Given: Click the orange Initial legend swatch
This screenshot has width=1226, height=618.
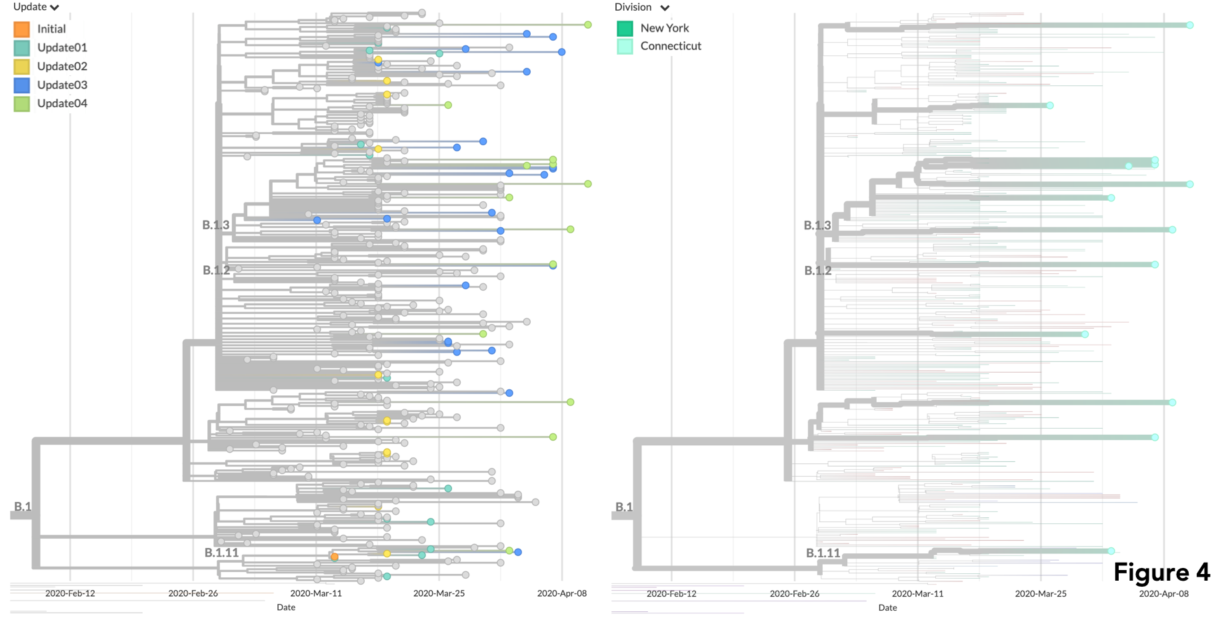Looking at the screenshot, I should point(22,29).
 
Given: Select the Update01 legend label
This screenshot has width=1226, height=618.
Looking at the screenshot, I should point(62,47).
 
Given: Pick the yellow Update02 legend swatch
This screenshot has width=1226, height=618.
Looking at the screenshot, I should point(22,67).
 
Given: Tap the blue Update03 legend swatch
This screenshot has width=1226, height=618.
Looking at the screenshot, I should point(22,85).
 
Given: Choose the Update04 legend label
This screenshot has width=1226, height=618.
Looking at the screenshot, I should point(62,103).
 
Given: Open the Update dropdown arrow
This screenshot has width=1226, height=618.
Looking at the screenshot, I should point(55,8).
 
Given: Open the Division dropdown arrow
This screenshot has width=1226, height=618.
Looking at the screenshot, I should point(665,8).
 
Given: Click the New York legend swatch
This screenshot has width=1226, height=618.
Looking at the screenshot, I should point(625,28).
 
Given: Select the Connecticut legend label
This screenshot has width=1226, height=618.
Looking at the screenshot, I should point(671,46).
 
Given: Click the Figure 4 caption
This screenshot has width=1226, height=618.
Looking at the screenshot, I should point(1161,573).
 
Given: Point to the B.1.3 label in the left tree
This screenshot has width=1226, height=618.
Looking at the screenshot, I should point(215,225).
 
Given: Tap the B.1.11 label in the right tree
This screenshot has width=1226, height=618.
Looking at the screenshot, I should point(823,553).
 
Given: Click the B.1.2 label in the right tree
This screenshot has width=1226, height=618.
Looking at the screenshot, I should point(817,271).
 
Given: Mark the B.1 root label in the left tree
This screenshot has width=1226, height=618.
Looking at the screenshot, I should point(23,507).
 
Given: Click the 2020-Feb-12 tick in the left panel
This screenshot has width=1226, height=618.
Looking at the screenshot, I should point(70,593).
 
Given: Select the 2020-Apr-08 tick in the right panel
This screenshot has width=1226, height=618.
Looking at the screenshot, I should point(1163,593).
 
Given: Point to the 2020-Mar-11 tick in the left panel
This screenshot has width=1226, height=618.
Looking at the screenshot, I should point(316,593).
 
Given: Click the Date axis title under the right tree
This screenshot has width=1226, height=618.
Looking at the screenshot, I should point(887,607).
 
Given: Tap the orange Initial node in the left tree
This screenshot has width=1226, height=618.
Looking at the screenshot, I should point(335,557).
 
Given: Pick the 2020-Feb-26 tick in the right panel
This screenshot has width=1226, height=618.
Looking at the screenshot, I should point(795,593).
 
